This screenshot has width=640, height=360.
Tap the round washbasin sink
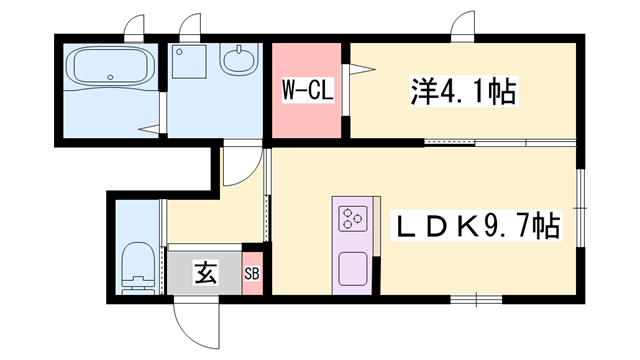click(241, 63)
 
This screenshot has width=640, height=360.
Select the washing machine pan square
click(189, 63)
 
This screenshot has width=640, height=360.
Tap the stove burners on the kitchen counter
click(353, 217)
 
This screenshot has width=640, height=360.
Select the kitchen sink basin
click(352, 269)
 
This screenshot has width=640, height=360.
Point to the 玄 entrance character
click(204, 271)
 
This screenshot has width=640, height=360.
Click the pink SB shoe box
click(253, 272)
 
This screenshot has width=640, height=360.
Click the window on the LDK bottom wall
click(475, 298)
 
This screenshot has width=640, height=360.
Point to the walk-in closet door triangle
click(357, 71)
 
